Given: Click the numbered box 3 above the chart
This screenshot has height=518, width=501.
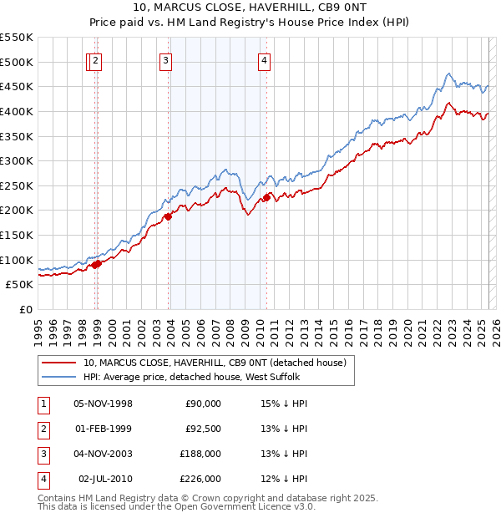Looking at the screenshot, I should (165, 60).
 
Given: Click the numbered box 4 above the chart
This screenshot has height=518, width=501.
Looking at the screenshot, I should (263, 60).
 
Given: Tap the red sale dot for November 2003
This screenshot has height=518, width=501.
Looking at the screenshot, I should (168, 216).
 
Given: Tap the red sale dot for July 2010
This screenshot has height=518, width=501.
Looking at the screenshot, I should (267, 197).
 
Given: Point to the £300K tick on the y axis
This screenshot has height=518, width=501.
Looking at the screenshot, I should (18, 160).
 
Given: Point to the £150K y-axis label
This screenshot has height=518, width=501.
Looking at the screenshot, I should (18, 235).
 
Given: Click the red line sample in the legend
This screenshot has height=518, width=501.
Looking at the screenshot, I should (59, 363).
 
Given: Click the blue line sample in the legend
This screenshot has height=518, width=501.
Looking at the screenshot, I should (59, 377).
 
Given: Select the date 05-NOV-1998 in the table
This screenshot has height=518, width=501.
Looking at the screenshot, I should (104, 404).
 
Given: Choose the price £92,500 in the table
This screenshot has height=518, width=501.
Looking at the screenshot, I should (201, 429).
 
